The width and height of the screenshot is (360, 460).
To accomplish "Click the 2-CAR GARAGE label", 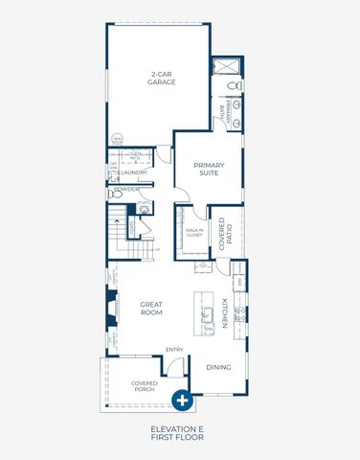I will (160, 79).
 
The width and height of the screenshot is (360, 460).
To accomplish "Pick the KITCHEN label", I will (223, 312).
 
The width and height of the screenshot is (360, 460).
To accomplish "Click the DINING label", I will (218, 366).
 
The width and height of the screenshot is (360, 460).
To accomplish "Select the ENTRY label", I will (174, 350).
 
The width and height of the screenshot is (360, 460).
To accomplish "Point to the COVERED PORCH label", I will (145, 386).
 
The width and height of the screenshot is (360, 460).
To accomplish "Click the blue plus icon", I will (180, 402).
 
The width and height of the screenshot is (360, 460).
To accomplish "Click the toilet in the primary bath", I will (235, 88).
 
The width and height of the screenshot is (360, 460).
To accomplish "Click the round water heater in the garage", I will (117, 139).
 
